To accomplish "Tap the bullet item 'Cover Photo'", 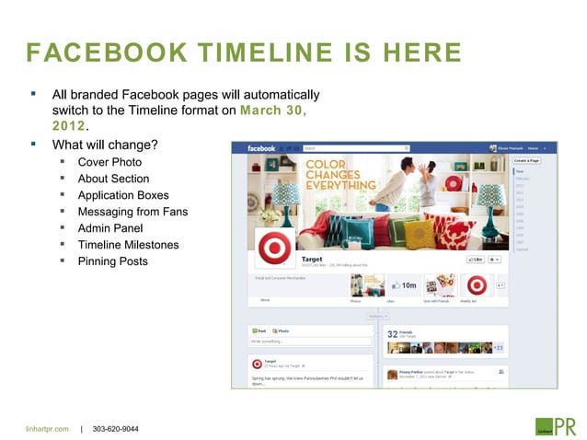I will coord(109,162).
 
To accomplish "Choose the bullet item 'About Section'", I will coord(113,179).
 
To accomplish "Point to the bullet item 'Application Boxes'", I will coord(123,195).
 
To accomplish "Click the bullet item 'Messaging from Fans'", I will coord(132,212).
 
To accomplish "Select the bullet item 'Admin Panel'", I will coord(110,228).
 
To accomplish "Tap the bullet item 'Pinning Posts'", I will coord(112,261).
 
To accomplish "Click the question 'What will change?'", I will coord(105,145).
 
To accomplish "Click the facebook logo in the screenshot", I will coord(262,148).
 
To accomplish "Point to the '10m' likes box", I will coord(404,285).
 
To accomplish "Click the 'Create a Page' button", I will coord(528,161).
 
